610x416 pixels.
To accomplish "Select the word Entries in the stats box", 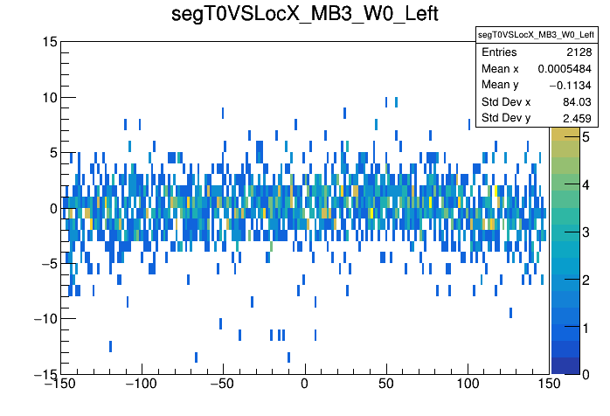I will pyautogui.click(x=499, y=52).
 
